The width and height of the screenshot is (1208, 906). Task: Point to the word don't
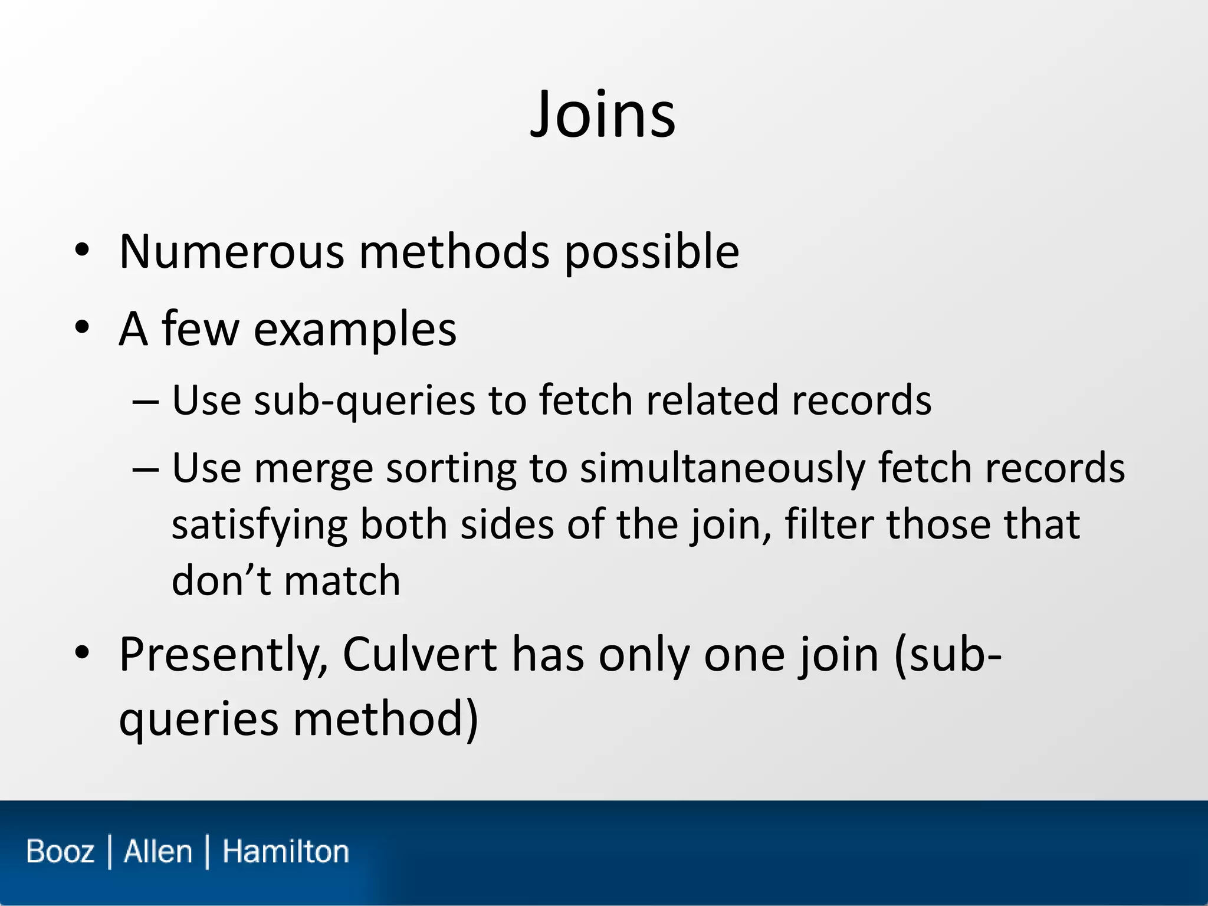coord(221,580)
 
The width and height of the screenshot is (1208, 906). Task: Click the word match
coord(343,580)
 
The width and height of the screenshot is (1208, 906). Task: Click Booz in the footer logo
coord(60,852)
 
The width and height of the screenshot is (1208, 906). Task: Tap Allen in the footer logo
coord(158,852)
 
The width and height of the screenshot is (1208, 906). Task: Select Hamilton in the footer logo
coord(285,852)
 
